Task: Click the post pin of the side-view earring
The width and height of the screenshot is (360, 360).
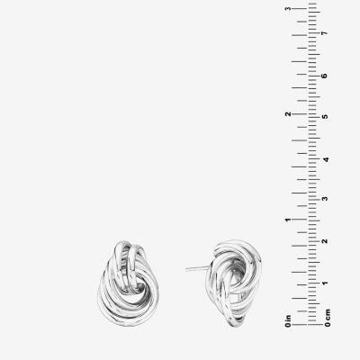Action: [197, 268]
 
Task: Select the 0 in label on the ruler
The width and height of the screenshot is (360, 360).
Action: [288, 320]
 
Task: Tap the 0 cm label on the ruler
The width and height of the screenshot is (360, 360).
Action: [328, 318]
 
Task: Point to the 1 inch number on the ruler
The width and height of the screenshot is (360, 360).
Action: [288, 220]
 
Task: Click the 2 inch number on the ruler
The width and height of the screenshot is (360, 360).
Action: [288, 114]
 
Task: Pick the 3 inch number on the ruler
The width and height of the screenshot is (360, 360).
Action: [288, 8]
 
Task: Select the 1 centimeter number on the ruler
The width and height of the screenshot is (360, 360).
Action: [325, 283]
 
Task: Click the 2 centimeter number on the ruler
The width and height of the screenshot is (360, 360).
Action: [325, 241]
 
